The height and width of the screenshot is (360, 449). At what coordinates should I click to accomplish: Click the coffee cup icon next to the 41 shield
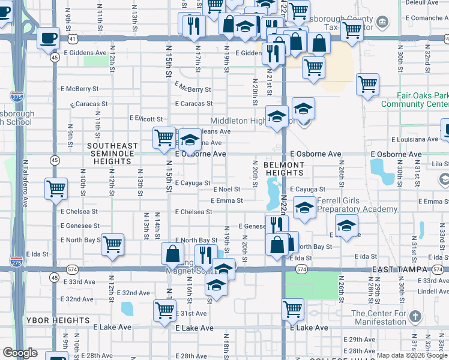click(49, 38)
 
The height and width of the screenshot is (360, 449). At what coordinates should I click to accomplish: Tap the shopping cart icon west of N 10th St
click(56, 189)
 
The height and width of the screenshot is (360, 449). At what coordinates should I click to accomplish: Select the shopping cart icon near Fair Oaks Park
click(367, 85)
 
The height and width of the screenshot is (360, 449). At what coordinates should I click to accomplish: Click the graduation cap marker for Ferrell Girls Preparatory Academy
click(305, 209)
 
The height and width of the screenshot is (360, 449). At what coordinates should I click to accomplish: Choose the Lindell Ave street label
click(431, 291)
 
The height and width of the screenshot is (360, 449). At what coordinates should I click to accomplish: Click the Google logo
click(20, 353)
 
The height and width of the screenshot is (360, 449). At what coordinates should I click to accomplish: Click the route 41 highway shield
click(72, 38)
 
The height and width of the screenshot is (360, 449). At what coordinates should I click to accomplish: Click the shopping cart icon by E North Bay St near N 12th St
click(112, 245)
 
